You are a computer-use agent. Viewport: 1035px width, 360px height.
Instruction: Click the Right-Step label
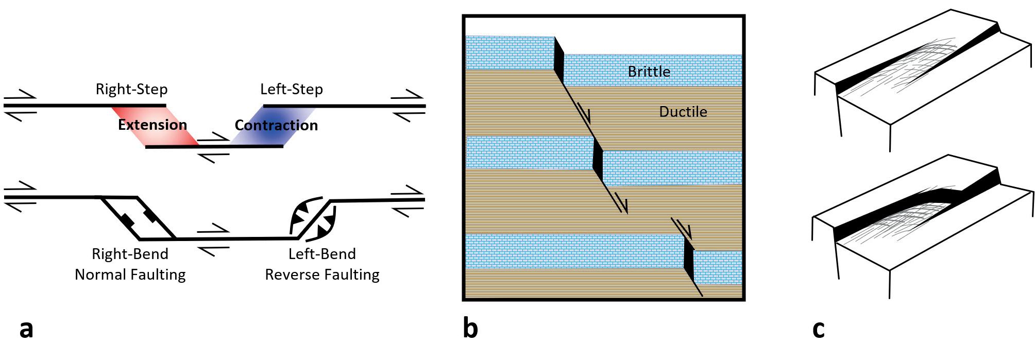(131, 89)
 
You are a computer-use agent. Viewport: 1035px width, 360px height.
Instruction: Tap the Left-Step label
(292, 89)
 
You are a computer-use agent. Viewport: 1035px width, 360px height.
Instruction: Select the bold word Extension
(152, 125)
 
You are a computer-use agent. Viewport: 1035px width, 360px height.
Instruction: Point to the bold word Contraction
(276, 125)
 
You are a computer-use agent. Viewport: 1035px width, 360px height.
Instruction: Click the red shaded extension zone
(155, 126)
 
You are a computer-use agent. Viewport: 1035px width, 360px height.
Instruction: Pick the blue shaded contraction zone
(273, 126)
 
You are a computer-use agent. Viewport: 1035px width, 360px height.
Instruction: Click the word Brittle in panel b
(649, 72)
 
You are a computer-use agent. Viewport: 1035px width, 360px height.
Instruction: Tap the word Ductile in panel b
(683, 112)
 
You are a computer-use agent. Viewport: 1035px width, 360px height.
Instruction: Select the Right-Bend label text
(130, 254)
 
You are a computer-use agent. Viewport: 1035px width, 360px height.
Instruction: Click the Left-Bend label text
(322, 254)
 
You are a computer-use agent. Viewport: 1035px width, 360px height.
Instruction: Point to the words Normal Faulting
(130, 275)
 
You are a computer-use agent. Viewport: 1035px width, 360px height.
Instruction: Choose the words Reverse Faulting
(323, 275)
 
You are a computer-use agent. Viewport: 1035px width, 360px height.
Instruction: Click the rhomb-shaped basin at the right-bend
(138, 218)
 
